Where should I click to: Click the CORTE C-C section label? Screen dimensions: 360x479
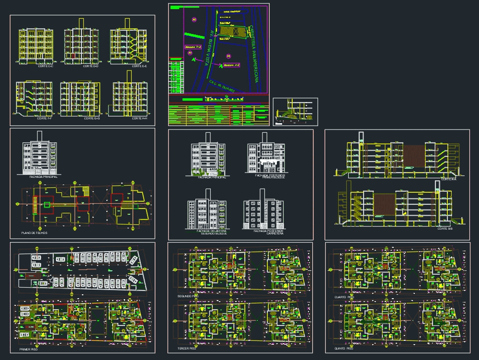[46, 66]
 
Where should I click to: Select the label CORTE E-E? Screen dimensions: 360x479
[139, 66]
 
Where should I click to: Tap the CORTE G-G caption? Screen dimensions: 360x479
[91, 118]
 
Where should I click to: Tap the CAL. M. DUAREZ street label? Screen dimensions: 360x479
[223, 86]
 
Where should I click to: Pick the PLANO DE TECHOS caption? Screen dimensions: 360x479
[34, 233]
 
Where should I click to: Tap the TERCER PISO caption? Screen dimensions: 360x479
[187, 348]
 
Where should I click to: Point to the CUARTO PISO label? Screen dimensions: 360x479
[344, 297]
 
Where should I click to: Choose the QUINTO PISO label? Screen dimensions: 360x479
[344, 348]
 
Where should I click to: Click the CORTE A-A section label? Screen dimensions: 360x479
[448, 179]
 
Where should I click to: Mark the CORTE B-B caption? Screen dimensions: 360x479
[445, 229]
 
